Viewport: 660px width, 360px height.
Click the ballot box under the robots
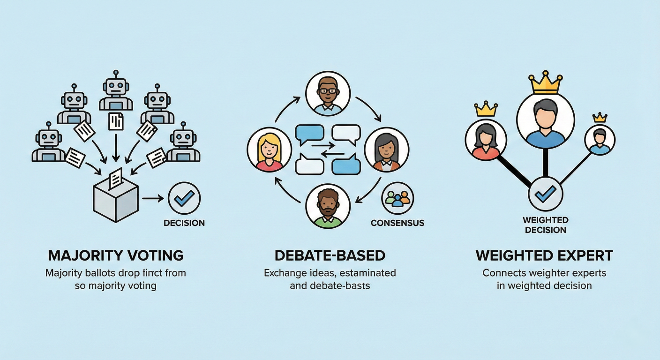(116, 201)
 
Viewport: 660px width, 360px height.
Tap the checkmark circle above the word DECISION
(184, 198)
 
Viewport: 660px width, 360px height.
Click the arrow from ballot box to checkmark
(152, 198)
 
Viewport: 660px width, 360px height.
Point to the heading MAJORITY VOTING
(116, 255)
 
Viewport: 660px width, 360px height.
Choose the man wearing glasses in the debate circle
(328, 94)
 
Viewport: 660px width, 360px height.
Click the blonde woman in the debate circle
(269, 150)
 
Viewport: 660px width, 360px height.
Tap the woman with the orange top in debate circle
(386, 150)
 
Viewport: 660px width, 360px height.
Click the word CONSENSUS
(397, 223)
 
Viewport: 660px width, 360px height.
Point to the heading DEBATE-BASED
(330, 255)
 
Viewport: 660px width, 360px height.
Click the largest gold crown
(545, 82)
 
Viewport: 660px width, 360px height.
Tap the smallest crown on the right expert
(600, 117)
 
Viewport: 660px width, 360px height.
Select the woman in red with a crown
(486, 140)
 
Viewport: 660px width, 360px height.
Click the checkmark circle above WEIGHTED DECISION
(545, 193)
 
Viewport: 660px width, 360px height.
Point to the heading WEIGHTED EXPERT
(544, 255)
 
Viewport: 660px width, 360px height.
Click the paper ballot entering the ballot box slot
(115, 179)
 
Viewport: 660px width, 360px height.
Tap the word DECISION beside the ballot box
(184, 223)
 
